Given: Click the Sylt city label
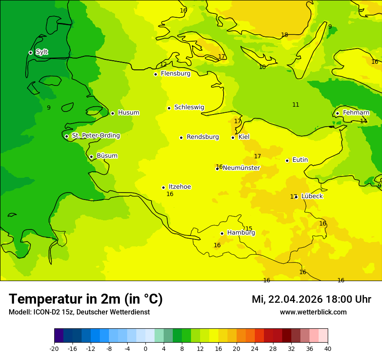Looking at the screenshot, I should point(42,52).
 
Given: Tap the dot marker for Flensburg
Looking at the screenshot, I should point(155,74).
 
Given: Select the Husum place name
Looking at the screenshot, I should point(128,113).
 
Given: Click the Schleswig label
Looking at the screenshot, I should point(189,107).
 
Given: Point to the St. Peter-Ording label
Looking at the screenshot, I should point(95,136).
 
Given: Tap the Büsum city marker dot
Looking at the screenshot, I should point(91,157).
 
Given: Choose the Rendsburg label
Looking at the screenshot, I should point(203,137).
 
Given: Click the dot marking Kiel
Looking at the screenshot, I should point(233,137).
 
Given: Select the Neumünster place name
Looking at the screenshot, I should point(241,168).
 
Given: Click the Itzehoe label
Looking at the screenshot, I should point(180,187).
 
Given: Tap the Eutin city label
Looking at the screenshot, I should point(300,160).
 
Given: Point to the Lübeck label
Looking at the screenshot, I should point(312,196).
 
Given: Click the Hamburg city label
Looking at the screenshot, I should point(241,232).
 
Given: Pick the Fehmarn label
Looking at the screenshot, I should point(356,113).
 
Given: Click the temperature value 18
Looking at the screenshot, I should point(284,35).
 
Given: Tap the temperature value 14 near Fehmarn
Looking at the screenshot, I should point(363,121).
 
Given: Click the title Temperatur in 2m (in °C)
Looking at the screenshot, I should point(86,299).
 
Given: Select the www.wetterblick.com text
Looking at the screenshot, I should point(313,312).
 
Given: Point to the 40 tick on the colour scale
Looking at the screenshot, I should point(328,348).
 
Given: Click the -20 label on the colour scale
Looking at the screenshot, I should point(54,348).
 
